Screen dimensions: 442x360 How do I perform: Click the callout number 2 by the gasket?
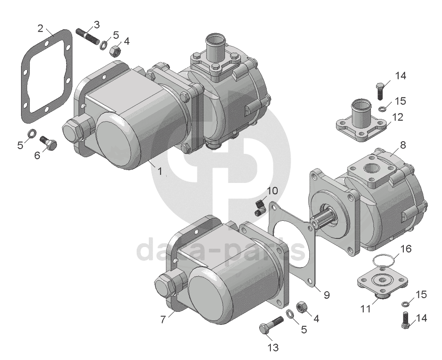coord(41,28)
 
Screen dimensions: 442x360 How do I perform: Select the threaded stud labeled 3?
coord(88,37)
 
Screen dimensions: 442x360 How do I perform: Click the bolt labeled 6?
coord(48,143)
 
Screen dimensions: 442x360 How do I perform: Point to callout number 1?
coord(160,171)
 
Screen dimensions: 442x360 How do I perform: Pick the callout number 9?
coord(327,295)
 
